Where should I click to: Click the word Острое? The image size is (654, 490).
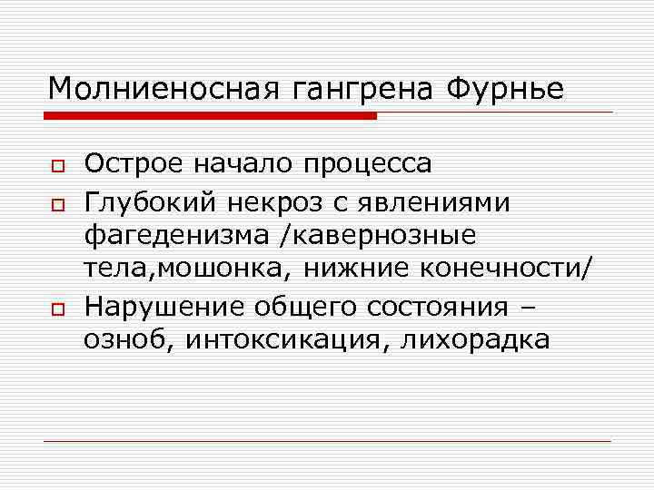click(x=133, y=164)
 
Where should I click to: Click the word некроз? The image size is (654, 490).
click(x=274, y=201)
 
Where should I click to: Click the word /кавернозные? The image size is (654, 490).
click(x=379, y=236)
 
